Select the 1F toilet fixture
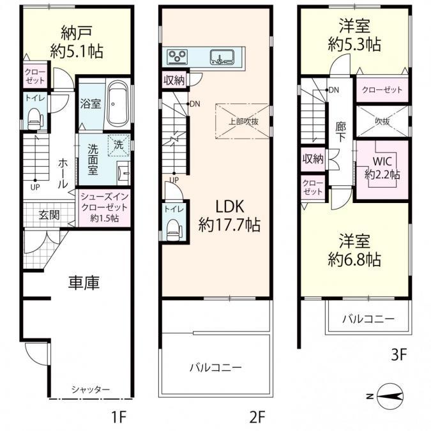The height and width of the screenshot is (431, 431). pos(34,116)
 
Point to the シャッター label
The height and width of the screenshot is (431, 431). pos(90,389)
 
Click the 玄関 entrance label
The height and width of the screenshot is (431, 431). pos(49,215)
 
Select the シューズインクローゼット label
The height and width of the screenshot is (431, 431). pos(103,208)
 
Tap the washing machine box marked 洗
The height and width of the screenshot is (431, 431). pos(118,144)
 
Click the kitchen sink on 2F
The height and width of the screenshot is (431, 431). pos(222,58)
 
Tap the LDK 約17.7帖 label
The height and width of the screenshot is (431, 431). pos(228,216)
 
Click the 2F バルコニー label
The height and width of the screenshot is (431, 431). pos(215,368)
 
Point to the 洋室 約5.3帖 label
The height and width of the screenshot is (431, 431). pos(354,35)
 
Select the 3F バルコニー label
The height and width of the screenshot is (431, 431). pos(367,318)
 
